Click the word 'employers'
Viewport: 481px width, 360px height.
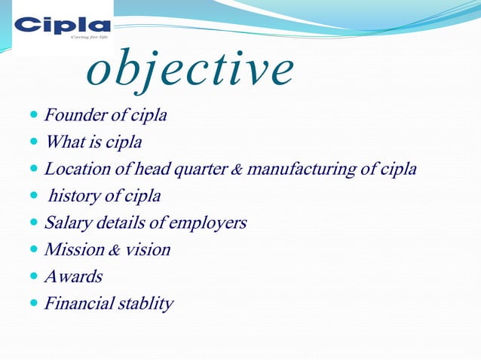(208, 223)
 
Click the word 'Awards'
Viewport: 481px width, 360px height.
(73, 276)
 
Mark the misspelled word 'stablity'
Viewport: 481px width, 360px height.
(146, 304)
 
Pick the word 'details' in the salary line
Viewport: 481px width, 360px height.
(124, 223)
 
